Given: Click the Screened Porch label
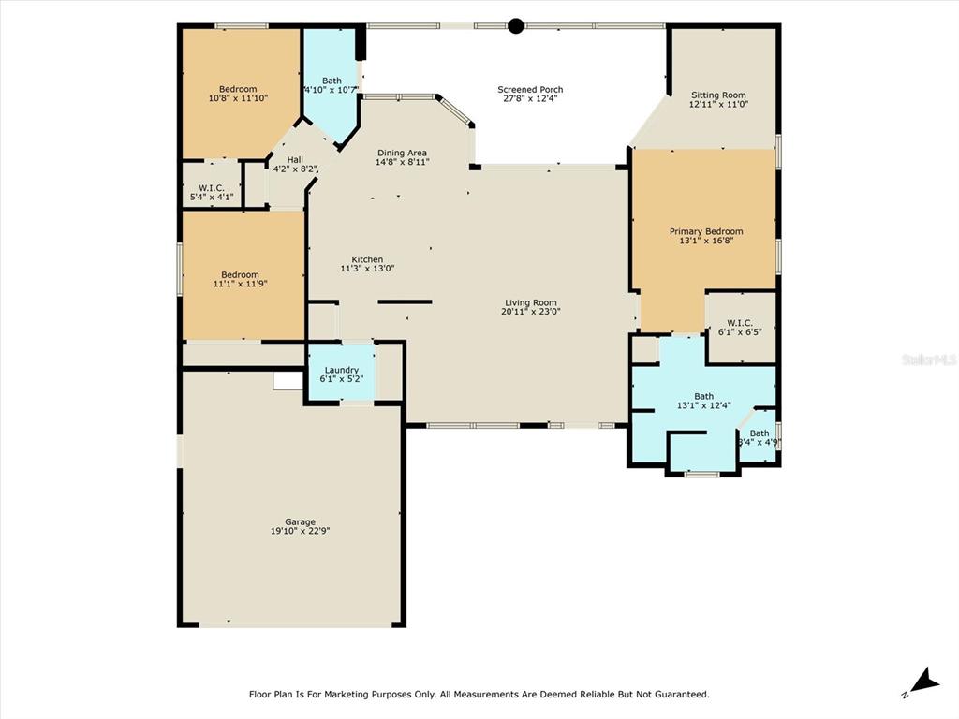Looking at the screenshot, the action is point(530,89).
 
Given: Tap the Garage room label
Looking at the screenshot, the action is point(300,522).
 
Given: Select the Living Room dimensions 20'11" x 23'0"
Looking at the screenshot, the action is point(531,311).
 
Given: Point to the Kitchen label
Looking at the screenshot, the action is point(367,259).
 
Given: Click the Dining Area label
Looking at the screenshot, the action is point(402,153).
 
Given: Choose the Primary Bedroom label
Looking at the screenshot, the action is point(706,231).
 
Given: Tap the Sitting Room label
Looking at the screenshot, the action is point(718,95).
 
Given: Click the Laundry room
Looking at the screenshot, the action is point(341,373).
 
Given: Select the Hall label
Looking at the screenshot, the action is point(295,159).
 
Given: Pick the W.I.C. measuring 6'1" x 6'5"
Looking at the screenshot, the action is point(740,328).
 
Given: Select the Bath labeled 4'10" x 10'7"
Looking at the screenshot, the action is point(331,85).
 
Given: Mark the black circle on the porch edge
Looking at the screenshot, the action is point(516,25).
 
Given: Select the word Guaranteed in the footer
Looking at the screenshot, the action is point(682,694).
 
